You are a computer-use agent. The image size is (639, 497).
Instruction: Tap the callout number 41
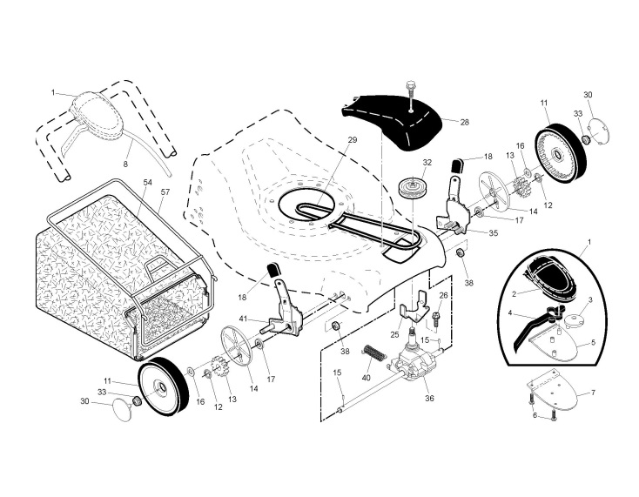tap(245, 319)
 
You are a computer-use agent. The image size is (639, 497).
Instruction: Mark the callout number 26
tap(443, 295)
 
